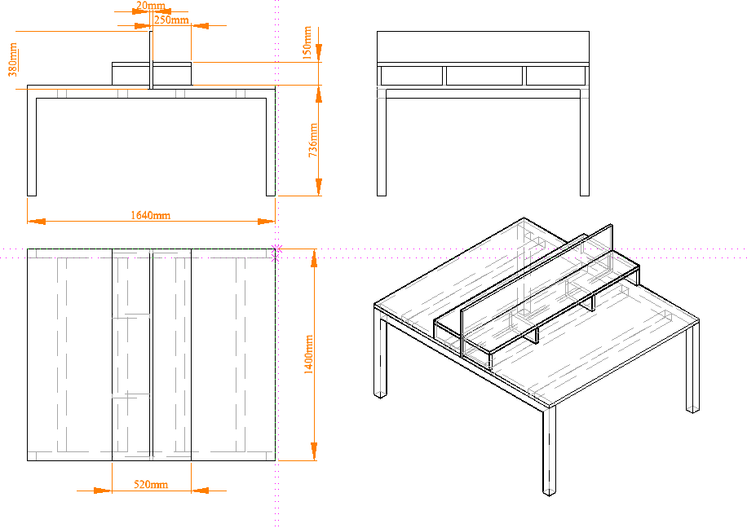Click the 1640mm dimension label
tap(151, 216)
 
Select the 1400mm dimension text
tap(309, 354)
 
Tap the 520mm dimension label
tap(151, 485)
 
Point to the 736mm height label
tap(313, 140)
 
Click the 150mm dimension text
tap(307, 43)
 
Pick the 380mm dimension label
tap(13, 59)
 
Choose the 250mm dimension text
tap(171, 20)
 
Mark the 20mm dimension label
tap(151, 6)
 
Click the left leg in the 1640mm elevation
tap(32, 142)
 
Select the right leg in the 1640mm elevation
tap(271, 142)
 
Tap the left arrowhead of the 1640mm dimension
tap(36, 222)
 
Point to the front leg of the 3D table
tap(550, 451)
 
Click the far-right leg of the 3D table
tap(692, 367)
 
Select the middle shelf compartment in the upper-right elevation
tap(484, 76)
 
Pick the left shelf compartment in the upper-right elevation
tap(412, 76)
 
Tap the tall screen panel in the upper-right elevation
tap(483, 46)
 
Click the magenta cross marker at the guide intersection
tap(276, 249)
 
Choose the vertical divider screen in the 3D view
tap(537, 291)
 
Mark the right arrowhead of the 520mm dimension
tap(200, 491)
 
